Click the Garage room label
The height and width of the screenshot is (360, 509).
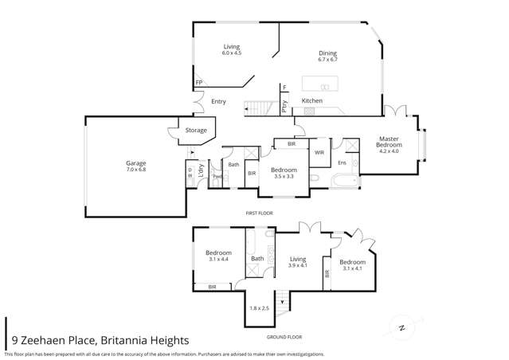[x=136, y=163]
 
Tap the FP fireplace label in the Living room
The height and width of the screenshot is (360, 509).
[x=198, y=82]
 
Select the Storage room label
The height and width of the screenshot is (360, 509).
[x=196, y=130]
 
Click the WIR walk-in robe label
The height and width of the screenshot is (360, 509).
[x=319, y=151]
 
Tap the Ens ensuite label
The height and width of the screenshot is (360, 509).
[x=342, y=162]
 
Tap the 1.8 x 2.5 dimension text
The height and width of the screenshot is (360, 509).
[x=260, y=307]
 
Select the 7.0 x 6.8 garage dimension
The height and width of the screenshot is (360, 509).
[x=136, y=170]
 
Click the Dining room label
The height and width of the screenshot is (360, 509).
[x=328, y=53]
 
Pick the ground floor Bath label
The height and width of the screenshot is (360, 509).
[x=257, y=258]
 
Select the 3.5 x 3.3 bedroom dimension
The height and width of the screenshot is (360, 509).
[x=284, y=176]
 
